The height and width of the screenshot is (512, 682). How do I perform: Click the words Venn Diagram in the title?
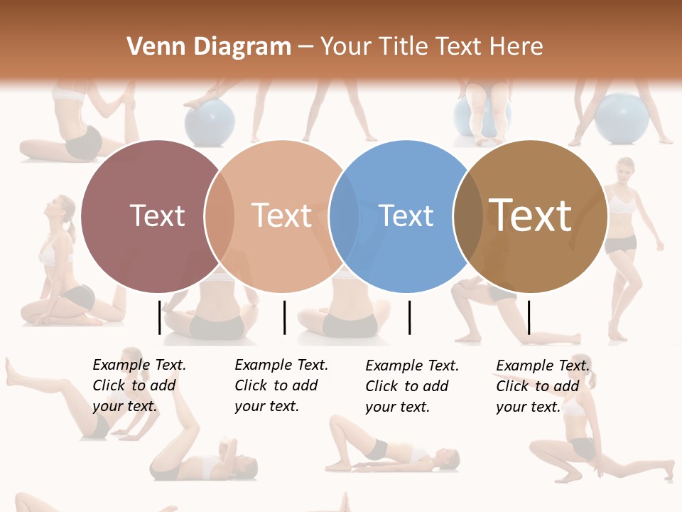[209, 47]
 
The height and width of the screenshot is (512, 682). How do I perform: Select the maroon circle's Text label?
[157, 215]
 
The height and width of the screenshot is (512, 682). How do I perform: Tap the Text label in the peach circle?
[281, 215]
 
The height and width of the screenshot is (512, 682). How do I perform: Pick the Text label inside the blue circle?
[406, 215]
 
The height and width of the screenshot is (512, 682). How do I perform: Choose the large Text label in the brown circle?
[530, 215]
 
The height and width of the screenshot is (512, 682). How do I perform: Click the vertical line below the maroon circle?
[159, 317]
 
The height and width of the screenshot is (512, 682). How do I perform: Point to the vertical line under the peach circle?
[284, 317]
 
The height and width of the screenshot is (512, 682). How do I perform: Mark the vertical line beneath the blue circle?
[409, 317]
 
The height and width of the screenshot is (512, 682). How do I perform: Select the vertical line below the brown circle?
[529, 317]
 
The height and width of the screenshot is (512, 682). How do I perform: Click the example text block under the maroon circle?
[139, 385]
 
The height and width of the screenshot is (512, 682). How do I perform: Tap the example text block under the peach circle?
[281, 385]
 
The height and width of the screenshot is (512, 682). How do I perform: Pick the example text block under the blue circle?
[411, 386]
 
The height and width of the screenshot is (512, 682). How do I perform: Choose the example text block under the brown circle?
[542, 386]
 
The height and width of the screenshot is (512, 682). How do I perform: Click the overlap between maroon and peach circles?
[220, 216]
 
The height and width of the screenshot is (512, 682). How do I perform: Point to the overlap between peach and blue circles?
[344, 216]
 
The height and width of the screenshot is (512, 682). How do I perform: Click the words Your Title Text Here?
[431, 47]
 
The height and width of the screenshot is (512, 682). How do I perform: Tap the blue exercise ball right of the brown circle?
[621, 118]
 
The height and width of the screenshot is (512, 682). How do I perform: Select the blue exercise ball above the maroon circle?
[210, 121]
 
